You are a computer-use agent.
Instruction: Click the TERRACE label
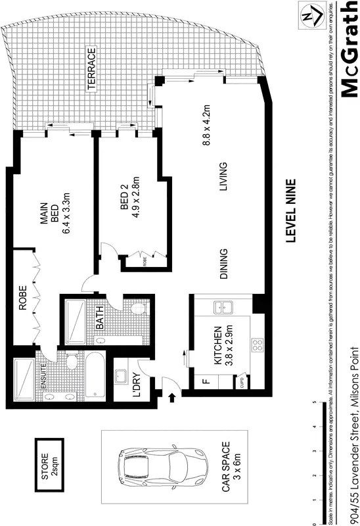(93, 68)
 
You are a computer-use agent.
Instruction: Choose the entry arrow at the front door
(171, 396)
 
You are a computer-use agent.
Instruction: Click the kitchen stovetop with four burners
(257, 347)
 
